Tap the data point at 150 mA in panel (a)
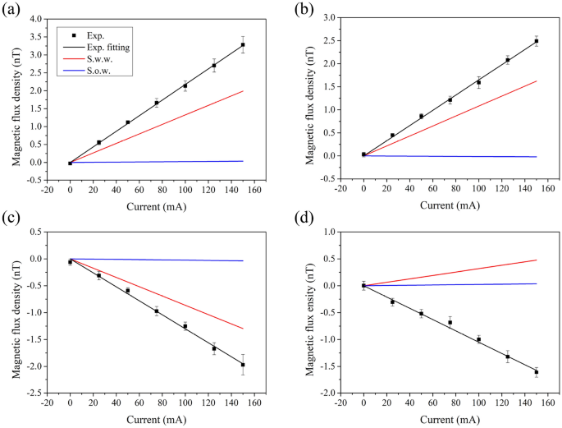tap(243, 44)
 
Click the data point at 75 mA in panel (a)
tap(157, 103)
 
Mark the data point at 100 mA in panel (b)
tap(478, 82)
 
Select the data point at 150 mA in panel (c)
tap(243, 364)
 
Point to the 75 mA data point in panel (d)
tap(450, 322)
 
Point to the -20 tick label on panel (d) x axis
tap(340, 405)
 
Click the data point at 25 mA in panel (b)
tap(392, 136)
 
